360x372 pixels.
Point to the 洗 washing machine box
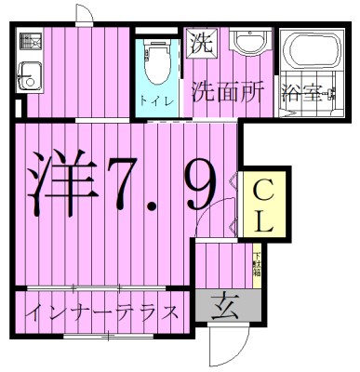(201, 41)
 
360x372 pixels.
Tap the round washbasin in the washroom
(248, 43)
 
